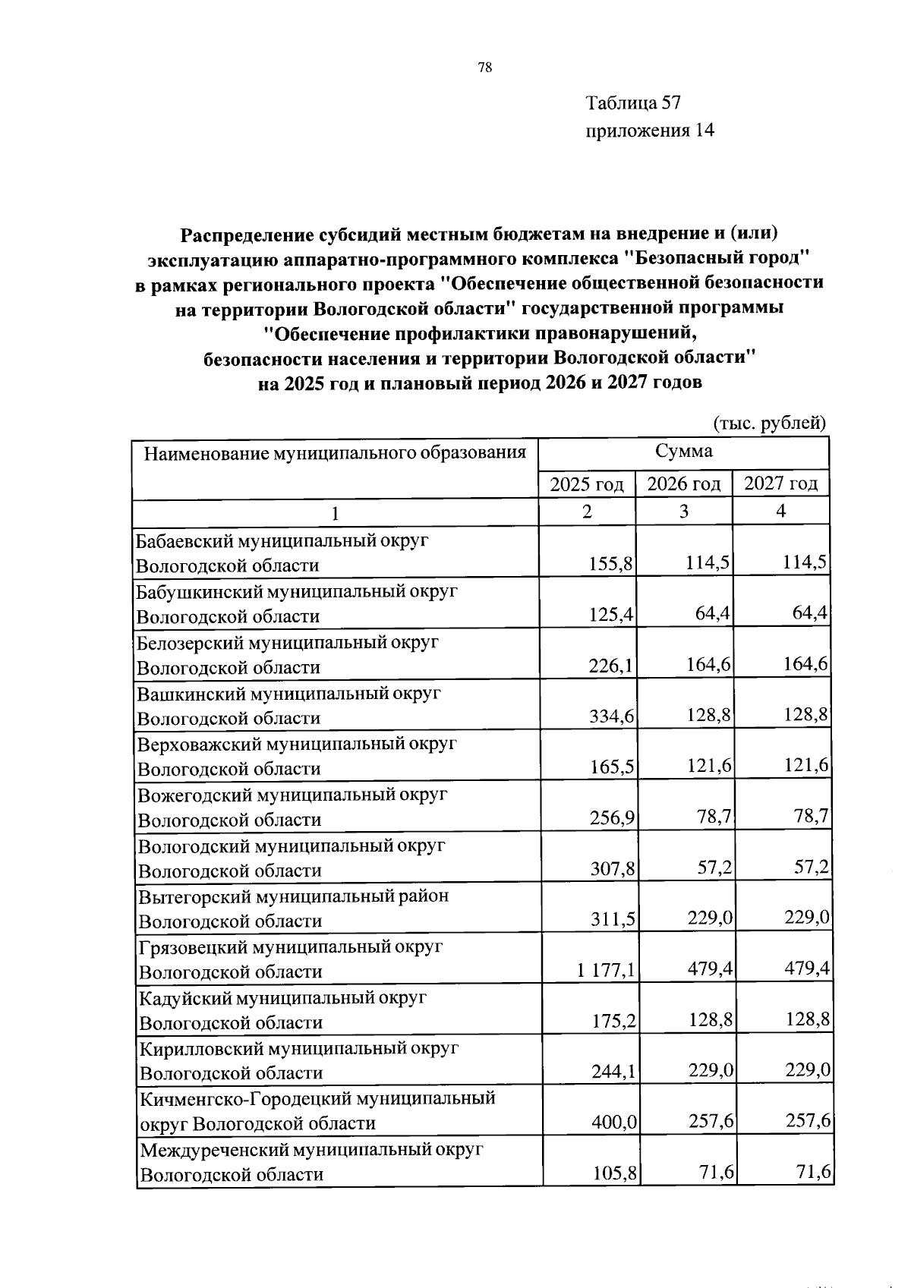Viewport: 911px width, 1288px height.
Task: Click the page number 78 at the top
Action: click(485, 68)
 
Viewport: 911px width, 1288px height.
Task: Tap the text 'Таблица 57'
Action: click(633, 102)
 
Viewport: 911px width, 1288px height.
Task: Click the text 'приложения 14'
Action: click(649, 131)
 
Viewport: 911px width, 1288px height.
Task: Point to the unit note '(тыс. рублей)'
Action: click(769, 422)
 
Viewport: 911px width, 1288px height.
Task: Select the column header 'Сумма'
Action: click(683, 451)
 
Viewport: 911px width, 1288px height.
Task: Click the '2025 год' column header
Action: click(587, 484)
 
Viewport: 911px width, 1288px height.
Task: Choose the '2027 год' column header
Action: click(780, 483)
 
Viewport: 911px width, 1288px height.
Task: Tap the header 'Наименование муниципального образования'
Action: click(335, 453)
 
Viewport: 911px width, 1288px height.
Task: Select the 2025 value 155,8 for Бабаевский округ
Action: click(612, 564)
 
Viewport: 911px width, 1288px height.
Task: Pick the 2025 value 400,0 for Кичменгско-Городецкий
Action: click(613, 1123)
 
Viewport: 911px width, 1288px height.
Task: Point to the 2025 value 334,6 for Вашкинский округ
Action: click(612, 716)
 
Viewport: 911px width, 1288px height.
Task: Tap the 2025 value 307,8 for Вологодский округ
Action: click(613, 869)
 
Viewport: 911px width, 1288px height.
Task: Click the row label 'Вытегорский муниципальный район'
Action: click(293, 896)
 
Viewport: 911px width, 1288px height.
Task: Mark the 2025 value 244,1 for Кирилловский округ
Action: click(613, 1072)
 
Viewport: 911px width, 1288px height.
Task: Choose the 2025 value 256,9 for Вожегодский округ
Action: click(613, 818)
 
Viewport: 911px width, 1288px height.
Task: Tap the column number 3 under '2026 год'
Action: click(684, 512)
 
